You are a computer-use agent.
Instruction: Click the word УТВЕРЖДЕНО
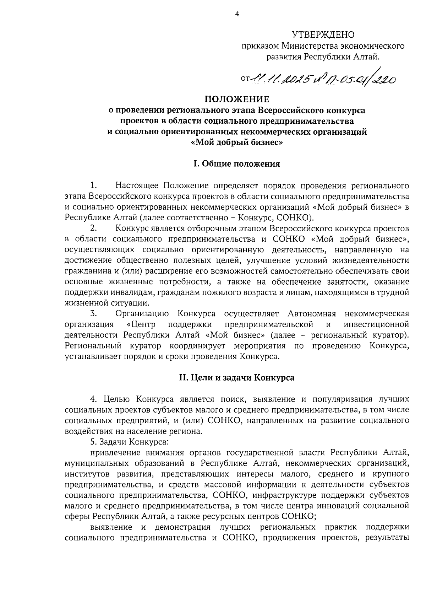tap(323, 35)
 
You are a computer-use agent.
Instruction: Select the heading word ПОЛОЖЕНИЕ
tap(236, 99)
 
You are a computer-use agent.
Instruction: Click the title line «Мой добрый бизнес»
tap(237, 143)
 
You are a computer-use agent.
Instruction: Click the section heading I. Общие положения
tap(236, 164)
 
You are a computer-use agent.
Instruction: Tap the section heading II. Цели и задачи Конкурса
tap(236, 378)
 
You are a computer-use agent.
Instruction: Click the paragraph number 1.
tap(93, 185)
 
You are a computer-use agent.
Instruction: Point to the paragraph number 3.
tap(93, 313)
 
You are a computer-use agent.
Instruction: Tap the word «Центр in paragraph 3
tap(142, 324)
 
